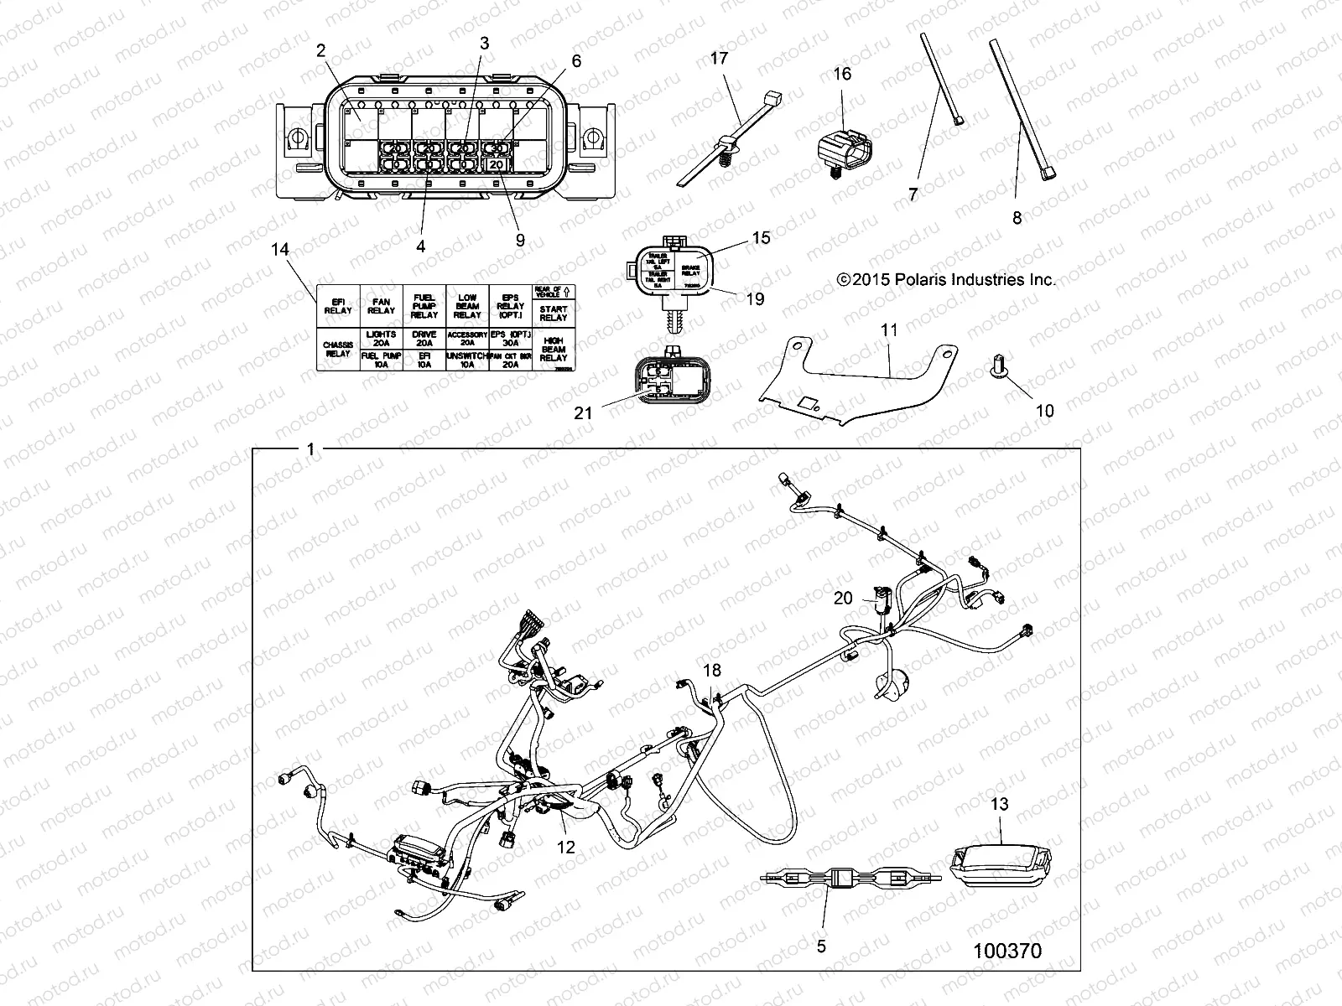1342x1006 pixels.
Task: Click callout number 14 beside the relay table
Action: tap(280, 250)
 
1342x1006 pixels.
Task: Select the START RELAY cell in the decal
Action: tap(553, 314)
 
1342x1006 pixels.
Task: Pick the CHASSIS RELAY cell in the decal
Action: tap(337, 349)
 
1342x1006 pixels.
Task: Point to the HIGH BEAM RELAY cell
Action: tap(553, 349)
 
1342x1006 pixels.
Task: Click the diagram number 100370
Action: tap(1007, 951)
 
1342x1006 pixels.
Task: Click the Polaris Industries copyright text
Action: tap(946, 280)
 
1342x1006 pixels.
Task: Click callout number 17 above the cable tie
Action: tap(719, 59)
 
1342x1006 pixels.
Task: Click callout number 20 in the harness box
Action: tap(843, 598)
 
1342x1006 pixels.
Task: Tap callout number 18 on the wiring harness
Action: tap(712, 670)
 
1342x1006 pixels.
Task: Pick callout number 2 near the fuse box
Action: tap(320, 50)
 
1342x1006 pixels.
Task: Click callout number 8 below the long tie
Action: tap(1017, 218)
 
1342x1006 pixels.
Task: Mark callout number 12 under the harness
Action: tap(566, 847)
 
